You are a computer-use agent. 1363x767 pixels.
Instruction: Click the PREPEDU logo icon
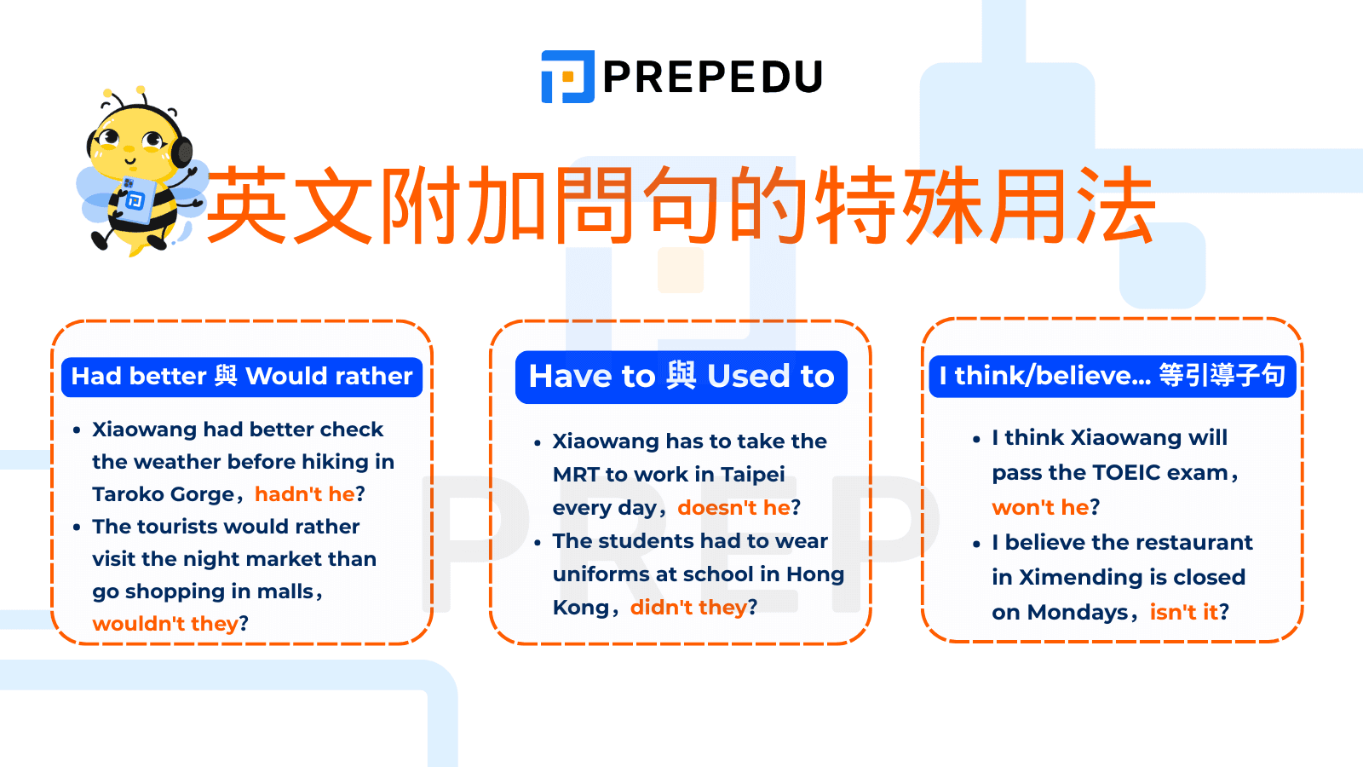(x=567, y=77)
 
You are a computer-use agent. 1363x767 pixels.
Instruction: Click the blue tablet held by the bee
(x=134, y=200)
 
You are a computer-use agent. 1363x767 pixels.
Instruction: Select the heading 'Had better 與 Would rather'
(x=242, y=376)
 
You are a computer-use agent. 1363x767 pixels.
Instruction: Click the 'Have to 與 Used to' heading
(x=681, y=377)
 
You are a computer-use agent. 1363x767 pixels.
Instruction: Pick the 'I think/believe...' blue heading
(x=1112, y=376)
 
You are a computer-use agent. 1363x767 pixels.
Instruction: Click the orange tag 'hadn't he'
(x=304, y=494)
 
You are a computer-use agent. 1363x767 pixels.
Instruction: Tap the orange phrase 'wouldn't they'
(x=165, y=624)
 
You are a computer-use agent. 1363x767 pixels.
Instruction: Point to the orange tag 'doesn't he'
(x=733, y=508)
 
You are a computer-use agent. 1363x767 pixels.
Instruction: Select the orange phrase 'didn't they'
(x=688, y=608)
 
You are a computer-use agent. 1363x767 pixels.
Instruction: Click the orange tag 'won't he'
(x=1040, y=508)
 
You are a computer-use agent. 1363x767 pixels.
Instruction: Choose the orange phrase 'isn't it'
(x=1183, y=612)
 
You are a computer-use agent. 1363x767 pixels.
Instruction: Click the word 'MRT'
(x=577, y=475)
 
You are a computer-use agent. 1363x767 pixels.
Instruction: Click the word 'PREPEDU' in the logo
(x=712, y=77)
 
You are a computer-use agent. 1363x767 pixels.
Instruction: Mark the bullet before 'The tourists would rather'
(x=77, y=528)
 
